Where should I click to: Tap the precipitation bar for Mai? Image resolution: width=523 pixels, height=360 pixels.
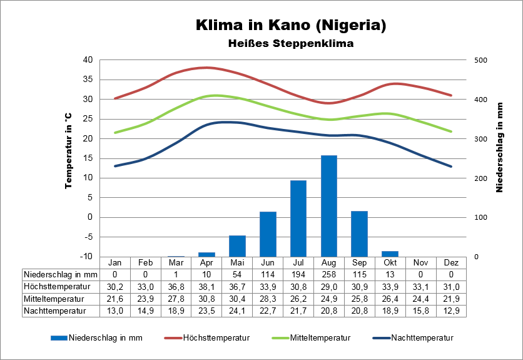(x=237, y=245)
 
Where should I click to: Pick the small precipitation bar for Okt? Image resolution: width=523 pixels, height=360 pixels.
(x=390, y=254)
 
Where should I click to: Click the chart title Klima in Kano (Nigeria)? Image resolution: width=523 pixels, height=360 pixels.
(x=290, y=26)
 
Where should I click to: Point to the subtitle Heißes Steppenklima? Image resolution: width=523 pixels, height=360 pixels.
(x=290, y=44)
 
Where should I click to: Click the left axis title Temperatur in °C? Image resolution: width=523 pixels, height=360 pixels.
(x=69, y=151)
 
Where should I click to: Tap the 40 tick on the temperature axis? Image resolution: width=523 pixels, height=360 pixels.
(x=88, y=60)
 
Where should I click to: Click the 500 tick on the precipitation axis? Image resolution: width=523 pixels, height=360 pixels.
(x=480, y=60)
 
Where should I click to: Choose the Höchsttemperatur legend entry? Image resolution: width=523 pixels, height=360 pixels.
(x=216, y=338)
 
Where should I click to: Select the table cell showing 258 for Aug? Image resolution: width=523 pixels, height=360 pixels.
(x=328, y=274)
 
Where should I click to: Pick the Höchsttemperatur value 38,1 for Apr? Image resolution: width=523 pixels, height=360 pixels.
(x=206, y=286)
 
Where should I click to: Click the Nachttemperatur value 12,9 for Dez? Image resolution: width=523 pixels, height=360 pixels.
(x=451, y=310)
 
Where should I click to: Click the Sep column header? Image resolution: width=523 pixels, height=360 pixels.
(x=359, y=262)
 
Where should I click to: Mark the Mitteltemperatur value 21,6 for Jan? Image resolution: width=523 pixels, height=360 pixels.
(x=115, y=298)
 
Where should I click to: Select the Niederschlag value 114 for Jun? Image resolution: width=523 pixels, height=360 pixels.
(x=268, y=274)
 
